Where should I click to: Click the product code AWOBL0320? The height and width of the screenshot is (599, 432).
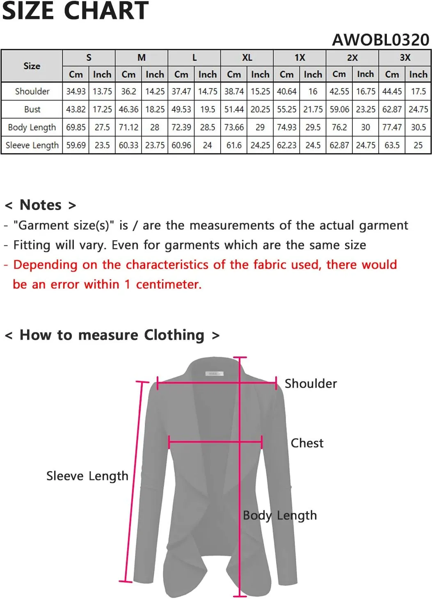pos(380,40)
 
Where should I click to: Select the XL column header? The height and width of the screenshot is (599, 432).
pos(247,57)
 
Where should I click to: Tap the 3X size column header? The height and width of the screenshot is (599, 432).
pos(405,57)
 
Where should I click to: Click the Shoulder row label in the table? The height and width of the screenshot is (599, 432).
pos(32,91)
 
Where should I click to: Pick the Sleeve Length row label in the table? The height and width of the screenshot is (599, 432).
pos(32,145)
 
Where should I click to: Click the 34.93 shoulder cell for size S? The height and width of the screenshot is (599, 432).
pos(76,91)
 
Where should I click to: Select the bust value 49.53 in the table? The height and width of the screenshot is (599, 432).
pos(181,110)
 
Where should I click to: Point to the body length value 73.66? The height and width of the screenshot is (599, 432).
pos(234,127)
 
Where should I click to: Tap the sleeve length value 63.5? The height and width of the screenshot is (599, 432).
pos(392,145)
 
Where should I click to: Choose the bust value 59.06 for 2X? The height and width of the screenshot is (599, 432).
pos(339,110)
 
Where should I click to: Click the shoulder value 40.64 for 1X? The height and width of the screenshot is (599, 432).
pos(286,91)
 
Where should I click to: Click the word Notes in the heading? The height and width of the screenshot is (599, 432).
pos(41,205)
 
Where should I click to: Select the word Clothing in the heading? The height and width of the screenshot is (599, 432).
pos(174,335)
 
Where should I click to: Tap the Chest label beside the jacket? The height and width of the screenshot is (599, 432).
pos(307,443)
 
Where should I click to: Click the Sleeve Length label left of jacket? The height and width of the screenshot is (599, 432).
pos(87,476)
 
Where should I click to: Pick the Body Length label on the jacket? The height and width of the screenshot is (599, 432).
pos(280,515)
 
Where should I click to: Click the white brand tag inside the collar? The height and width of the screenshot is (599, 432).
pos(214,374)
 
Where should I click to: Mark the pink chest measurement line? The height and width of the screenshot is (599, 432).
pos(215,442)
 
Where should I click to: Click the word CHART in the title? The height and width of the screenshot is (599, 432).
pos(106,11)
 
